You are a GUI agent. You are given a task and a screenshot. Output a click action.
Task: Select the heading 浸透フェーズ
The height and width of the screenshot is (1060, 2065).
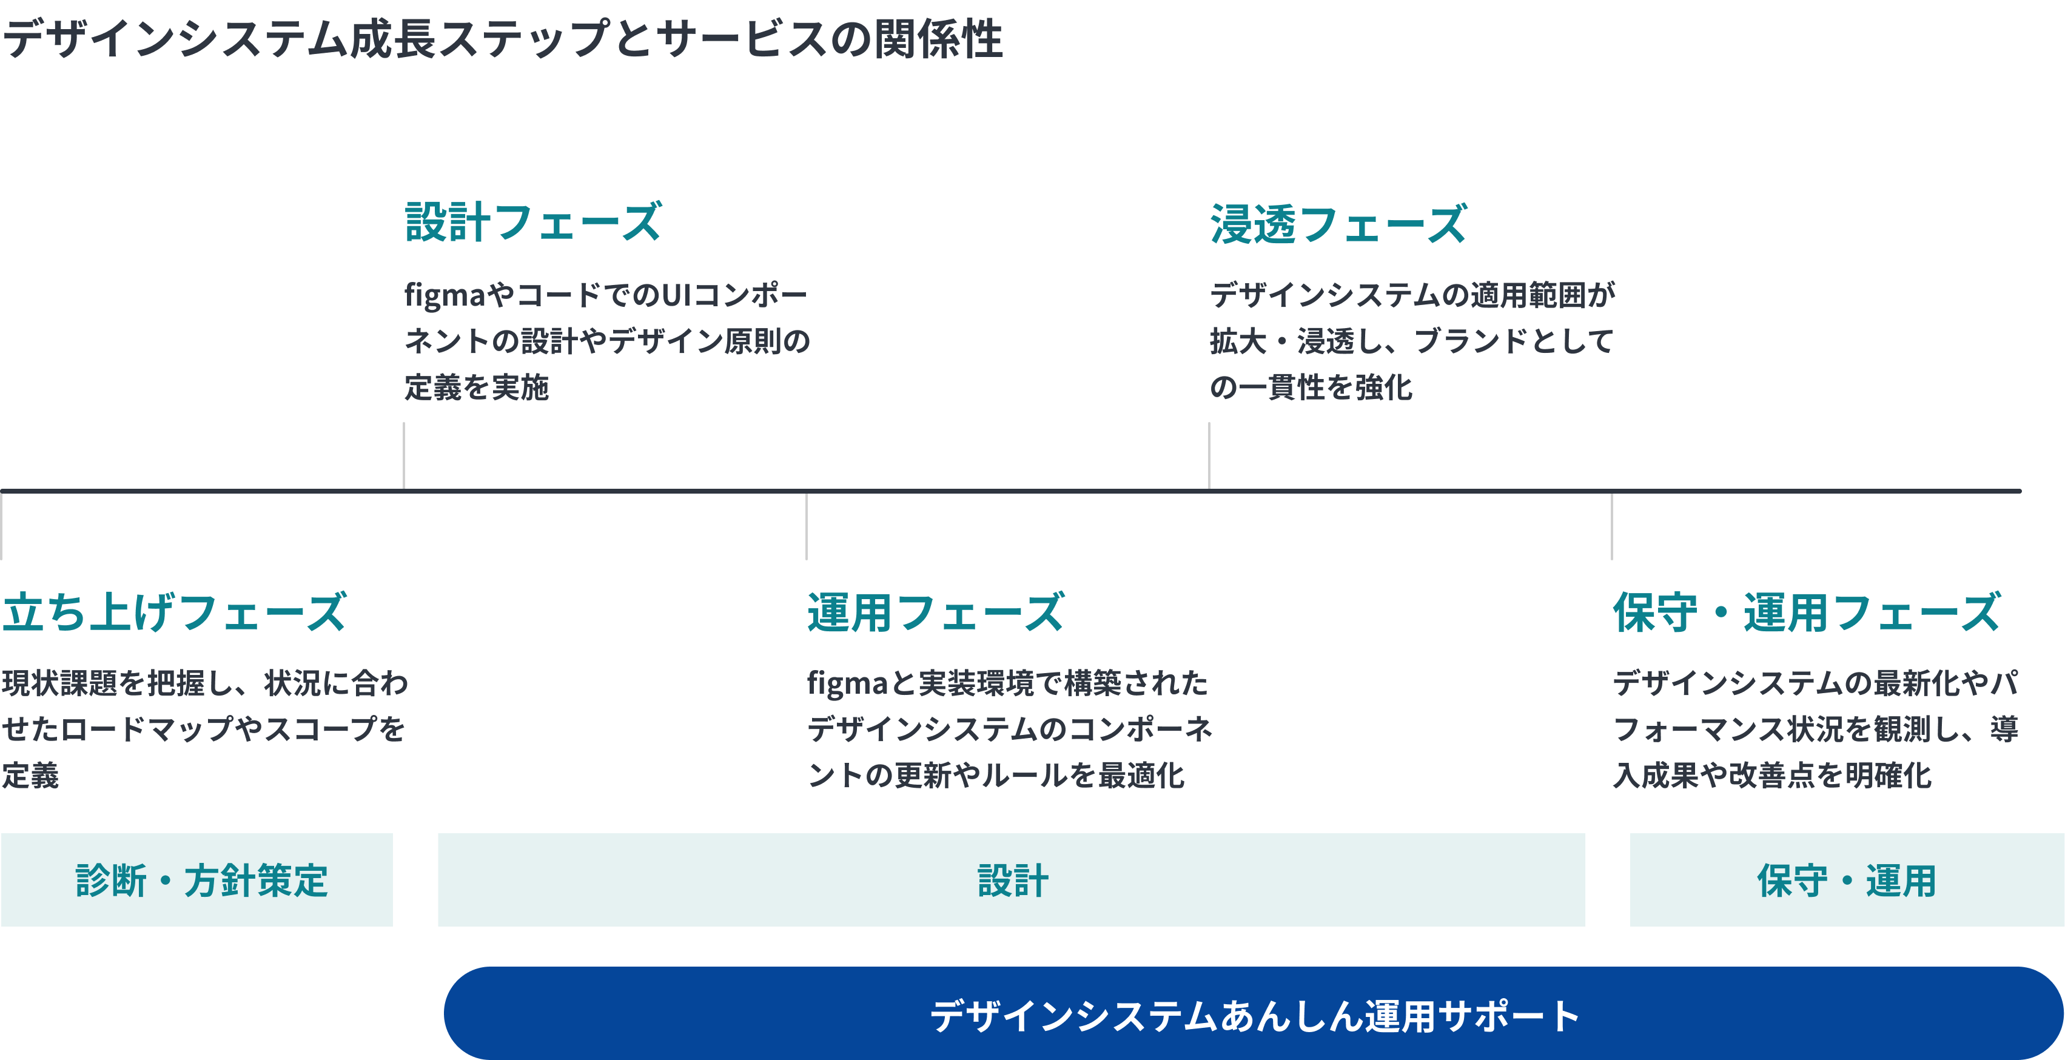(1338, 224)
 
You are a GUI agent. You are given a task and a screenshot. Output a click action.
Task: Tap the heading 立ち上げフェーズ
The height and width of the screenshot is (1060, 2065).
(174, 612)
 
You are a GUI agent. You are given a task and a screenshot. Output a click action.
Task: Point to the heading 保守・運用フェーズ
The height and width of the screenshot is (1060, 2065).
(1807, 612)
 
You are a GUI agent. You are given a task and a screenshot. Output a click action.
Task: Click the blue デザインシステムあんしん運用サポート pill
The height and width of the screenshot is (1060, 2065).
(1253, 1015)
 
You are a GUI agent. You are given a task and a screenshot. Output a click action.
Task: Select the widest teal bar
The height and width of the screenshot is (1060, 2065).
(1011, 879)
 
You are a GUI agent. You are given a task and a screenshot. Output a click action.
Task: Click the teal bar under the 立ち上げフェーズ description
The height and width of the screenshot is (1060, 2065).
(196, 879)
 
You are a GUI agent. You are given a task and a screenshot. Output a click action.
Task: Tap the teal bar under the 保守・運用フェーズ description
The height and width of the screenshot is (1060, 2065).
(1847, 879)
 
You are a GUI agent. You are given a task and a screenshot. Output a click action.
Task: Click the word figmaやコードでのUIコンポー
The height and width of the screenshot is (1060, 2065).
(605, 295)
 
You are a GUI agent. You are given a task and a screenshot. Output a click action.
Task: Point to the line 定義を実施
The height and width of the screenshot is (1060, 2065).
(476, 387)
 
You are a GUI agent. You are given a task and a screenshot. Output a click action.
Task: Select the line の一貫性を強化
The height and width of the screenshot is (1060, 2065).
(1311, 387)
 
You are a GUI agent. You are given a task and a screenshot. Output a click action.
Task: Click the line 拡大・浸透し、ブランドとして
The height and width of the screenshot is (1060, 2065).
(1411, 341)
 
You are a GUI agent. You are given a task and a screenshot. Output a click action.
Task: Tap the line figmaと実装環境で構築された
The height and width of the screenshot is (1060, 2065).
(1007, 683)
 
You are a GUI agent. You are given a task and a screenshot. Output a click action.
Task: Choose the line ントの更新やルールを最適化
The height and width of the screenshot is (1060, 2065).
(996, 776)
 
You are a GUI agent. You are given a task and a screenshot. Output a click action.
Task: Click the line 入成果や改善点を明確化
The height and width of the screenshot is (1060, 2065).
(1771, 776)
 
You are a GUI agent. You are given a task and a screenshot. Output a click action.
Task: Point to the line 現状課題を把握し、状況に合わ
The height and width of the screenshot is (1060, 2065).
(205, 683)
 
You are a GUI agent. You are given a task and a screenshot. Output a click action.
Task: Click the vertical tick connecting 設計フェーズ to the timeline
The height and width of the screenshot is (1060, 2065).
(404, 455)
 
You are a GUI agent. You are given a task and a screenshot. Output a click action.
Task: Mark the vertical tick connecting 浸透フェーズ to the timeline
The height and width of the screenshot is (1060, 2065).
(1209, 455)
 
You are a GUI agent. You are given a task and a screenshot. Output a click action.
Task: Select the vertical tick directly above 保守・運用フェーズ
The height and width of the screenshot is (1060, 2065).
(1611, 527)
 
